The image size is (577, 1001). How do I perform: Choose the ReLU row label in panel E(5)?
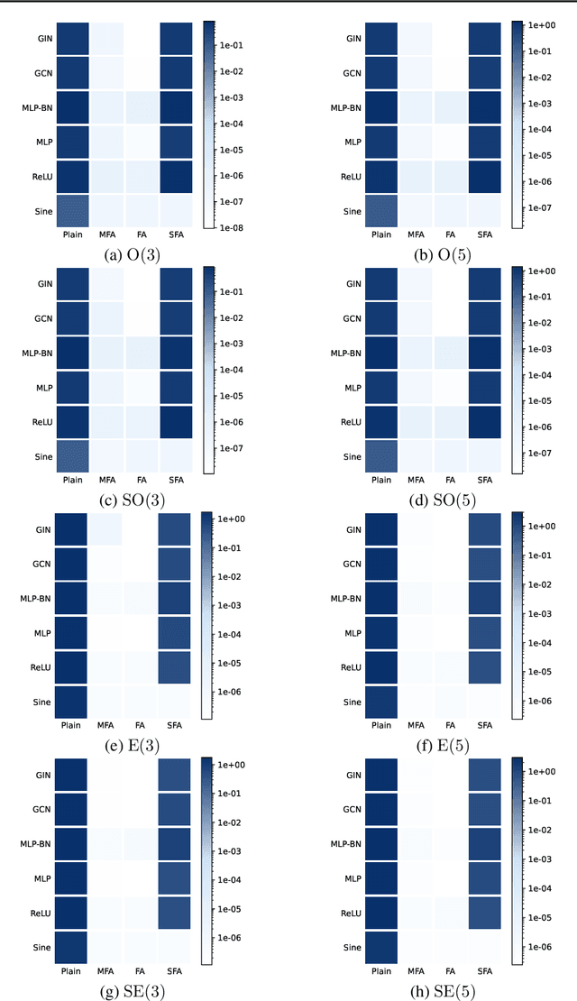point(348,668)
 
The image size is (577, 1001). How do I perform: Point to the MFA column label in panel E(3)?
point(105,724)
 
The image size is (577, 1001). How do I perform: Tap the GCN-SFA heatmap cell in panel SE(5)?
point(488,809)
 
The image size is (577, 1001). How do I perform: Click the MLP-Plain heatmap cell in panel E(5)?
point(382,633)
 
